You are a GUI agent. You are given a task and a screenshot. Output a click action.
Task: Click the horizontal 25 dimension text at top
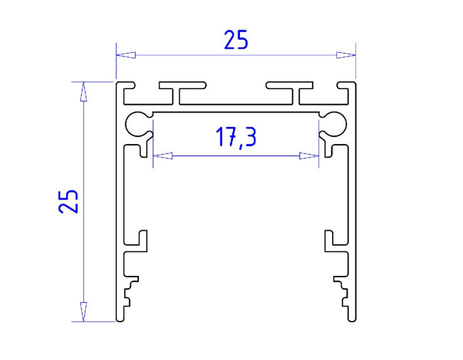[x=236, y=41]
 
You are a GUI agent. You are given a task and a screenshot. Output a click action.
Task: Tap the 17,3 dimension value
[x=236, y=137]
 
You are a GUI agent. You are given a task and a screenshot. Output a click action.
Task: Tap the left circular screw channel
[x=137, y=124]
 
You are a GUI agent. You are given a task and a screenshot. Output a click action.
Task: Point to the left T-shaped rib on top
[x=180, y=91]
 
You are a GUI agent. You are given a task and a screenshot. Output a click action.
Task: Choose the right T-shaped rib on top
[x=292, y=91]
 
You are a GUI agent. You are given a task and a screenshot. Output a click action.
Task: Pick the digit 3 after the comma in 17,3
[x=249, y=137]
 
